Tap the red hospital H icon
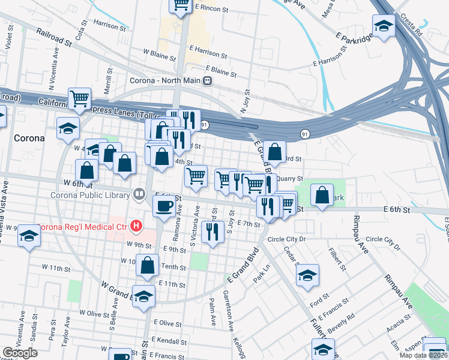pos(136,226)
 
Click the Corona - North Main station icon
pos(207,81)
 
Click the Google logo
pos(20,353)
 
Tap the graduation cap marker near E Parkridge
pos(383,25)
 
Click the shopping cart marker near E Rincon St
pos(180,5)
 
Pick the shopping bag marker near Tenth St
pos(147,265)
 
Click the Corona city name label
pos(28,138)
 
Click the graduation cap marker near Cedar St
pos(307,275)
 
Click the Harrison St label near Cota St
pos(110,26)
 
